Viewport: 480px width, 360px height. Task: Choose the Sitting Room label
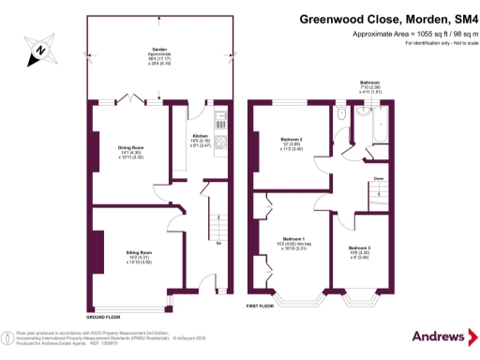click(139, 252)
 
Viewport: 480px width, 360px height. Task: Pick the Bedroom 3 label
click(369, 247)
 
